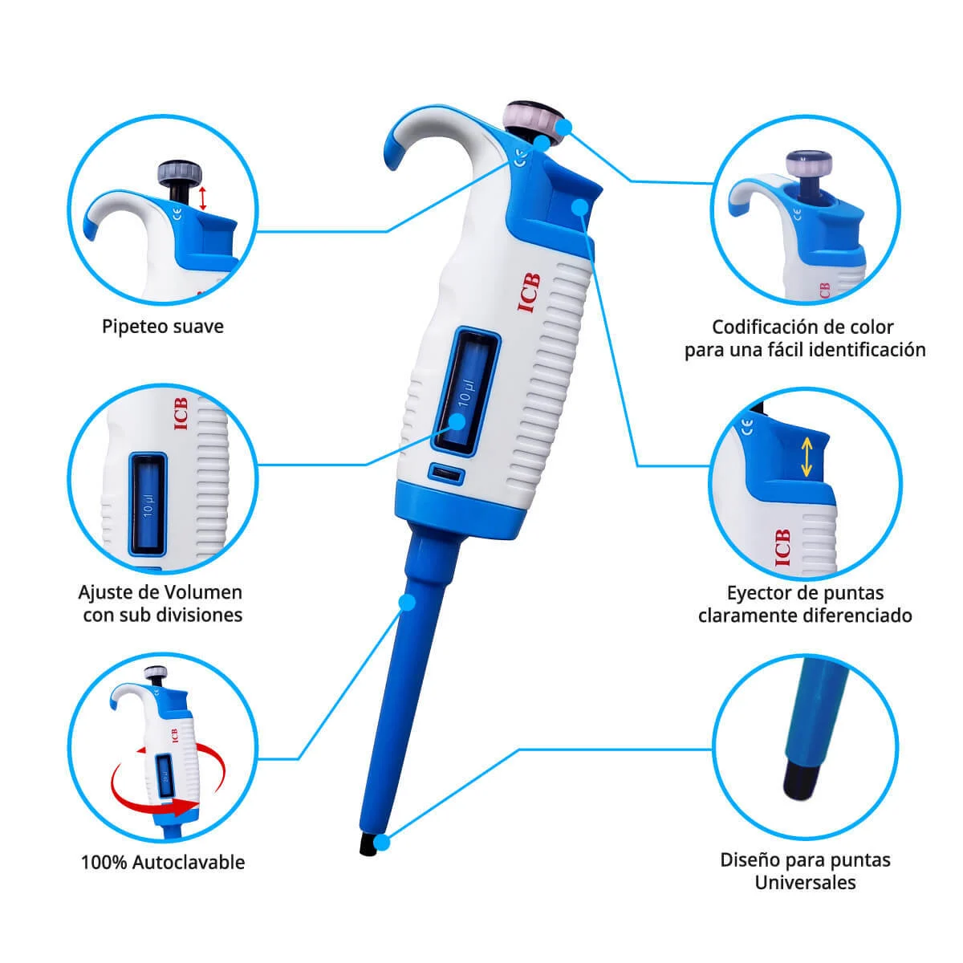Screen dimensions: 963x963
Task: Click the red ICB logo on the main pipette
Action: point(528,293)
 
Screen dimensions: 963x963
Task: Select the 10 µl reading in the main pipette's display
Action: point(465,393)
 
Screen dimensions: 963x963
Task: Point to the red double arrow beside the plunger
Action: point(202,198)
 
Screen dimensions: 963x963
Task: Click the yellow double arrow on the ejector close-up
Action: point(806,457)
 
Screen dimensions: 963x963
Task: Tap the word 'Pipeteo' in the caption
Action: point(132,327)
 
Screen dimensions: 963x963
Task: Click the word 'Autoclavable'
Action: point(189,863)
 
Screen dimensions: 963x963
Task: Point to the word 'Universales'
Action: point(805,883)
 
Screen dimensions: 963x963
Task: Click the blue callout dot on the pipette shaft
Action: point(408,603)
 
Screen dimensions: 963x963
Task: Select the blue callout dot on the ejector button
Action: point(579,206)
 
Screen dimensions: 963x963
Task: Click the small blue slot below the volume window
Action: point(446,472)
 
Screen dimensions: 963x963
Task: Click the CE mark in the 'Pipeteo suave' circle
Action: point(177,215)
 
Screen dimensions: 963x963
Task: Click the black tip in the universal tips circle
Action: point(800,782)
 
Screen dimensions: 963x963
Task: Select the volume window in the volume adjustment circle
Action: point(148,504)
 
